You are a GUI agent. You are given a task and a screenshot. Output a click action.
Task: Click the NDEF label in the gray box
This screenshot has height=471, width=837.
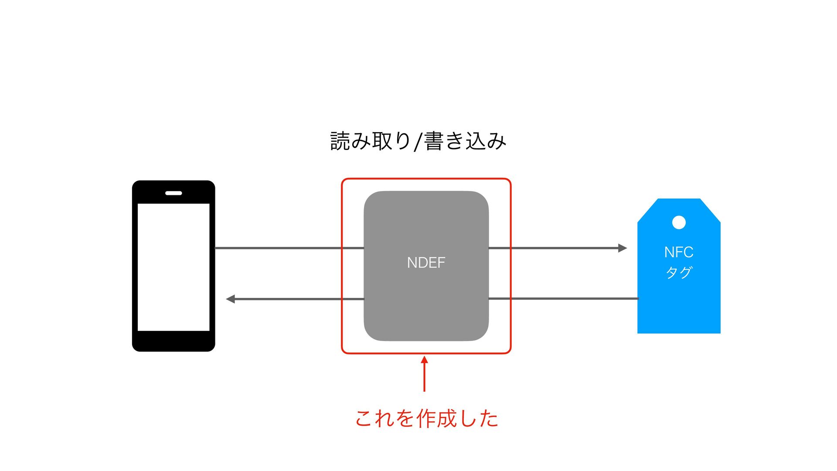(x=426, y=263)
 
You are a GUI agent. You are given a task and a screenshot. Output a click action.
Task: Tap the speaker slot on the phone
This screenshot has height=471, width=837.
(x=174, y=193)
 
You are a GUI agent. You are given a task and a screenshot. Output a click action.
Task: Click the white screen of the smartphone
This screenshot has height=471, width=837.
(x=174, y=267)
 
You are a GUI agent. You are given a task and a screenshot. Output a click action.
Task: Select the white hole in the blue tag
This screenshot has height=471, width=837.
(x=679, y=222)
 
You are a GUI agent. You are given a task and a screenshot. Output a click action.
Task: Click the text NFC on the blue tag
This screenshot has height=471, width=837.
(x=679, y=252)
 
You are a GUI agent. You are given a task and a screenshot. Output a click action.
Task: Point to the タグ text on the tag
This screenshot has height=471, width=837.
(x=679, y=273)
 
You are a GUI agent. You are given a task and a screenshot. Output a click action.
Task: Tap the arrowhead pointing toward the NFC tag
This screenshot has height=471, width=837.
(x=623, y=248)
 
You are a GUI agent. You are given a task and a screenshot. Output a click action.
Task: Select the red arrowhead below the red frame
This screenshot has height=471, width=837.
(x=424, y=360)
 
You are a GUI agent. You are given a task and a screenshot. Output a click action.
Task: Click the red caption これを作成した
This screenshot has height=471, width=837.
(x=426, y=418)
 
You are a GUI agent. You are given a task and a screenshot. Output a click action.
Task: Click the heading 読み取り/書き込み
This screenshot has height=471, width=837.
(x=418, y=141)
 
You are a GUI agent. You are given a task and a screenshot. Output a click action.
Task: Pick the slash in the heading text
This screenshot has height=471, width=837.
(x=418, y=142)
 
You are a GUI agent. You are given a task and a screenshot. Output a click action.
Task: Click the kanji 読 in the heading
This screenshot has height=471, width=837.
(x=340, y=141)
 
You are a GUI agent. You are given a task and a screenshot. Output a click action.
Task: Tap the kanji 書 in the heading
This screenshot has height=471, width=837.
(x=434, y=141)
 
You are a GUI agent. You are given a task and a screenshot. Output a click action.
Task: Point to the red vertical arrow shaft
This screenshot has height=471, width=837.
(x=424, y=378)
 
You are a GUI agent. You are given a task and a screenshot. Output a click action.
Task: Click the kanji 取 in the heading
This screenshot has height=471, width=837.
(x=382, y=141)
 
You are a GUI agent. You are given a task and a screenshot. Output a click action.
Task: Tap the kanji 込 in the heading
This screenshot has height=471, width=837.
(x=476, y=141)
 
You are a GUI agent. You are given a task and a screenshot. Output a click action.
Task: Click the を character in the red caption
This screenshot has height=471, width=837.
(x=405, y=418)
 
